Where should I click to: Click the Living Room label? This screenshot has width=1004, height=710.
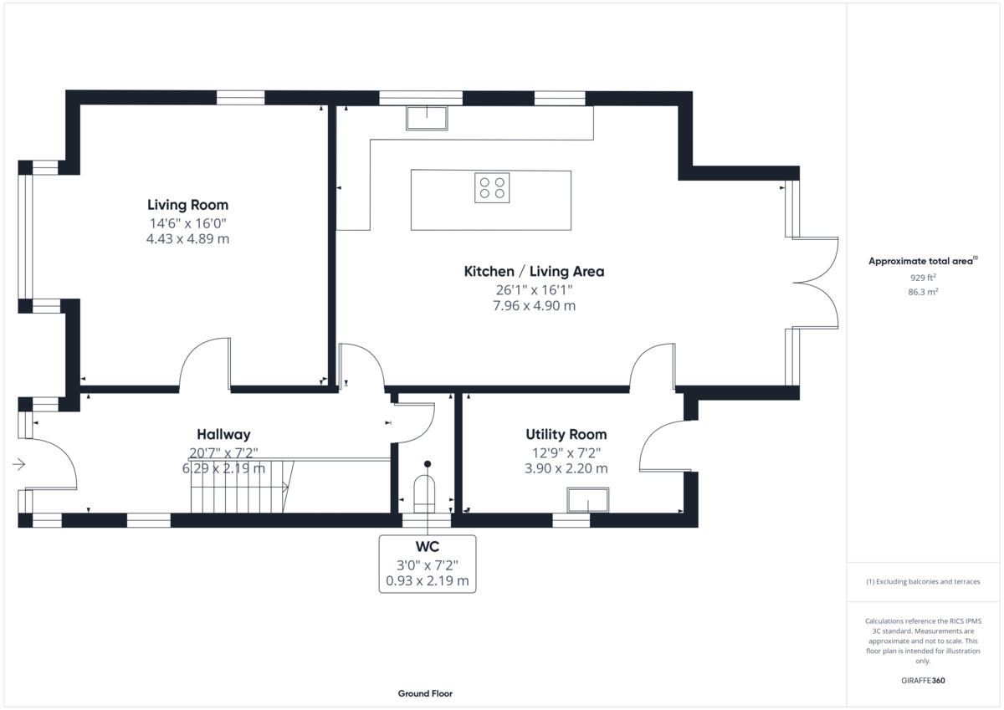pos(187,205)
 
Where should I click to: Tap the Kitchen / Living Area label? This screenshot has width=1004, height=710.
pos(534,271)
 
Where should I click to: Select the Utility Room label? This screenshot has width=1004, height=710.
pos(566,434)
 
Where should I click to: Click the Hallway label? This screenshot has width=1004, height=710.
pos(223,434)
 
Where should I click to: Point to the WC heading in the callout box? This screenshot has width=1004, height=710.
pos(428,547)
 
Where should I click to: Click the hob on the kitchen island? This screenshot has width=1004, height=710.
pos(492,187)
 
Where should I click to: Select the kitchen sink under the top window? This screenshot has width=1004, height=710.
pos(427,118)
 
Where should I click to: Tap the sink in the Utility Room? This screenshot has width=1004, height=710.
pos(588,499)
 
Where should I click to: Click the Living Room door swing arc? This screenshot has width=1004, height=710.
pos(203,363)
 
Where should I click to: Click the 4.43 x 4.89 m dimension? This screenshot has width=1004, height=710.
pos(187,239)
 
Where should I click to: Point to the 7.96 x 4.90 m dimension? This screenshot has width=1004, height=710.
pos(534,306)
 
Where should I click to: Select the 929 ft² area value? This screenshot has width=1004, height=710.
pos(923,278)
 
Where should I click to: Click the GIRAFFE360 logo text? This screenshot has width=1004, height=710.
pos(923,680)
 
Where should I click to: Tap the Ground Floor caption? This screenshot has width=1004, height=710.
pos(425,693)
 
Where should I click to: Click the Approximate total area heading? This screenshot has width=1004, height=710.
pos(921,261)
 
